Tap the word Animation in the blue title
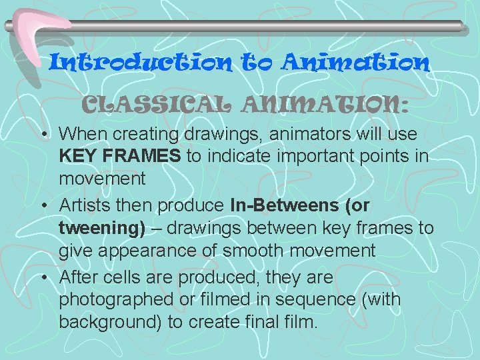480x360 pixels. coord(355,63)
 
